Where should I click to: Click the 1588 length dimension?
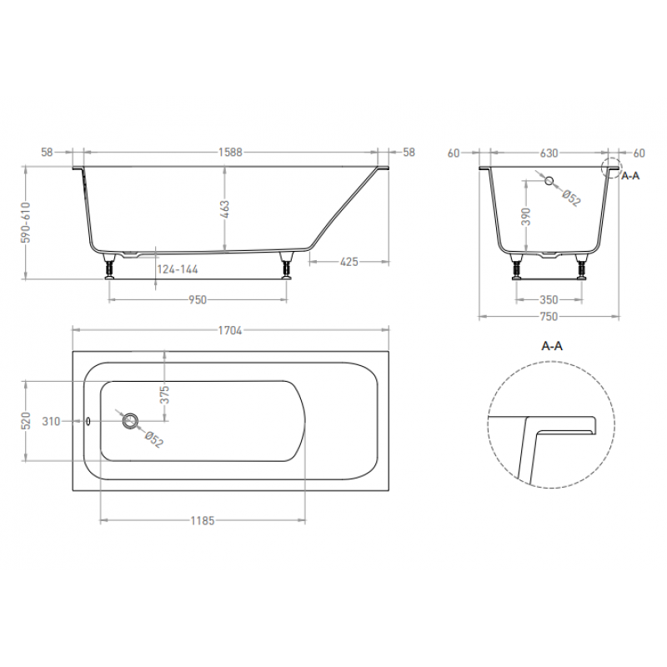click(230, 153)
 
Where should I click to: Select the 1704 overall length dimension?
click(230, 330)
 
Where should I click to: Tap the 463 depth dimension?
click(225, 208)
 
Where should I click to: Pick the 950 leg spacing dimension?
click(197, 299)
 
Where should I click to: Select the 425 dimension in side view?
click(349, 262)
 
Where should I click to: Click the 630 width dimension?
click(549, 153)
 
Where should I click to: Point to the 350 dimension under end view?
click(548, 299)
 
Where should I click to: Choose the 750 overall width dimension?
click(549, 316)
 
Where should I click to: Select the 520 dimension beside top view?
click(27, 421)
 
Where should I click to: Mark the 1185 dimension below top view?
click(203, 521)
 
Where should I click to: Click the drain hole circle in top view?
click(129, 421)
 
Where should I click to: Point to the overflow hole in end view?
click(549, 180)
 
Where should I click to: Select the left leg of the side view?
click(109, 268)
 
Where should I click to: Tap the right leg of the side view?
click(288, 268)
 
